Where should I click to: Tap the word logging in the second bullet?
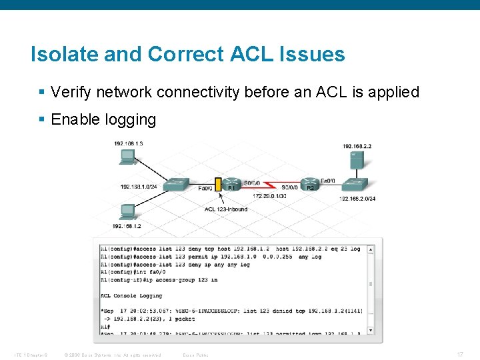pos(130,120)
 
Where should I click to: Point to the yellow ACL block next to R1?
pos(217,184)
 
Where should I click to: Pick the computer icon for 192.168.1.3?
pos(126,157)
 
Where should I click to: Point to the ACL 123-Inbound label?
pos(226,209)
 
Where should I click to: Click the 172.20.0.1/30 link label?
pos(269,196)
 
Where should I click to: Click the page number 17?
pos(460,355)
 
